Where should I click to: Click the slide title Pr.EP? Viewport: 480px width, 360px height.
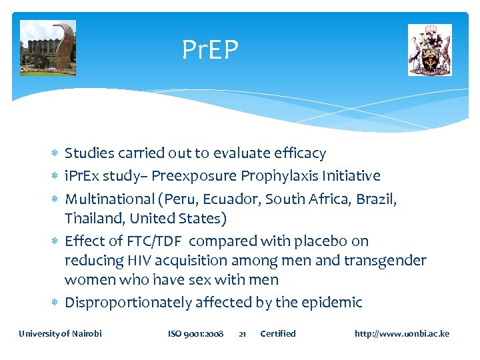(x=210, y=49)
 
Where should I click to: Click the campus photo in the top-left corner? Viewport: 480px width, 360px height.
(x=48, y=48)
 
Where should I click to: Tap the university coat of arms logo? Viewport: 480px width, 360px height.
(x=430, y=50)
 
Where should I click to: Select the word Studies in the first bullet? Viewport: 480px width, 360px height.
(x=89, y=153)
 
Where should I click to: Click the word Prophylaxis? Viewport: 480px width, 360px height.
(x=279, y=176)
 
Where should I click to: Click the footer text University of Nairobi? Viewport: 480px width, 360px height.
(x=61, y=333)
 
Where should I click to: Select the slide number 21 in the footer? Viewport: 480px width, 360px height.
(x=243, y=333)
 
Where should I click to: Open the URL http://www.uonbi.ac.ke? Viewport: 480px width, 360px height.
(x=402, y=333)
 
